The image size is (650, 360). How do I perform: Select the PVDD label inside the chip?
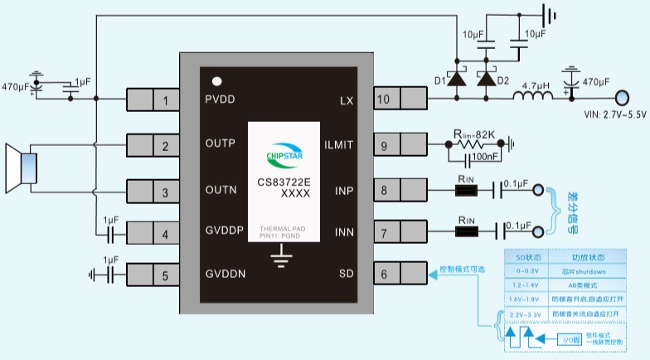click(x=221, y=100)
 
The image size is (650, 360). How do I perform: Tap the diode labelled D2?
click(x=486, y=80)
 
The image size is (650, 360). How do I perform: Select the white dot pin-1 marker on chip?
click(x=217, y=81)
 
